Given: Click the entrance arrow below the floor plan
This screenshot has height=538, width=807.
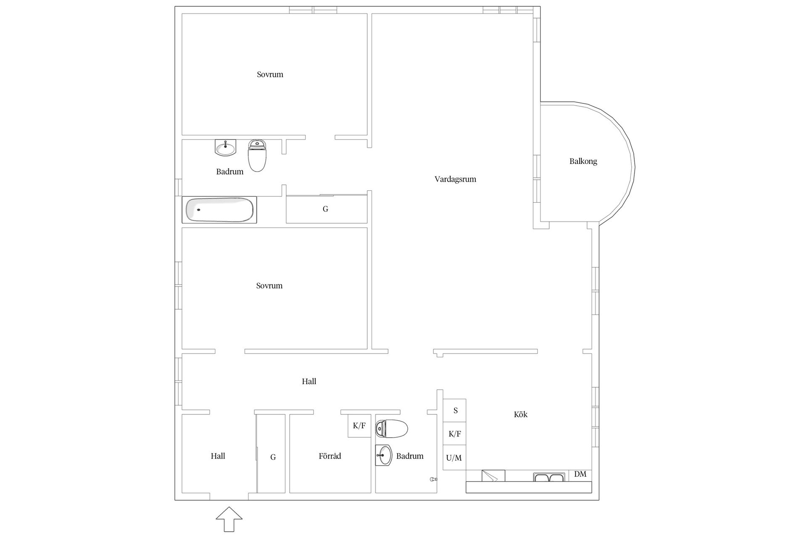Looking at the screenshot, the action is (x=229, y=520).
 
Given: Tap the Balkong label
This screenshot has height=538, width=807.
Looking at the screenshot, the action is (x=583, y=161).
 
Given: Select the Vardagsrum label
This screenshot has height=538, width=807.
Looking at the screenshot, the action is (x=455, y=179).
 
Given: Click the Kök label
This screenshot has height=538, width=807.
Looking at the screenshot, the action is (x=520, y=414).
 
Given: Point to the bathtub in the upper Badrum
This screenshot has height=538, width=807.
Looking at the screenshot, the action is (x=219, y=210).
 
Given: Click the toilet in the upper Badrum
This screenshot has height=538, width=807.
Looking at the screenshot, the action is (x=257, y=156).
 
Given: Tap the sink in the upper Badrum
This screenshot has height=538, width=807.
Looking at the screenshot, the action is (x=225, y=148).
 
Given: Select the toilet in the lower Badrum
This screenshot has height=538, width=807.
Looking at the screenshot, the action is (x=392, y=428).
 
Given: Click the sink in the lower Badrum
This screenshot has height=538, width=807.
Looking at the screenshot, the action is (x=383, y=455).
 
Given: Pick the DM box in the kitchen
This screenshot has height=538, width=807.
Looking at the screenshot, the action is (x=580, y=474).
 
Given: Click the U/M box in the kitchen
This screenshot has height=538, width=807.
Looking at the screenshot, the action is (x=454, y=457).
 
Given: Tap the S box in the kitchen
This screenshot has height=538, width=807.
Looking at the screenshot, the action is (x=454, y=410).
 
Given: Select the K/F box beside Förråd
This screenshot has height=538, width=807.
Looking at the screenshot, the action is (x=359, y=426).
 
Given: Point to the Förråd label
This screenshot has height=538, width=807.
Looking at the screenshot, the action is (x=330, y=456).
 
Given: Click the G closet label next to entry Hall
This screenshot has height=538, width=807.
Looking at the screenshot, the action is (x=273, y=457).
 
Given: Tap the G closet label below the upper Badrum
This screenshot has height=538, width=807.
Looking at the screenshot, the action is (x=325, y=209).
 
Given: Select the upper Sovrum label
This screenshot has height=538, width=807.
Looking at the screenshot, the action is (x=270, y=74).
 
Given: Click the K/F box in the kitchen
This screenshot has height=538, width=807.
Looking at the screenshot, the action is (x=454, y=434).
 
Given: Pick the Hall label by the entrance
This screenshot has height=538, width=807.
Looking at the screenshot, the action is (x=218, y=456).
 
